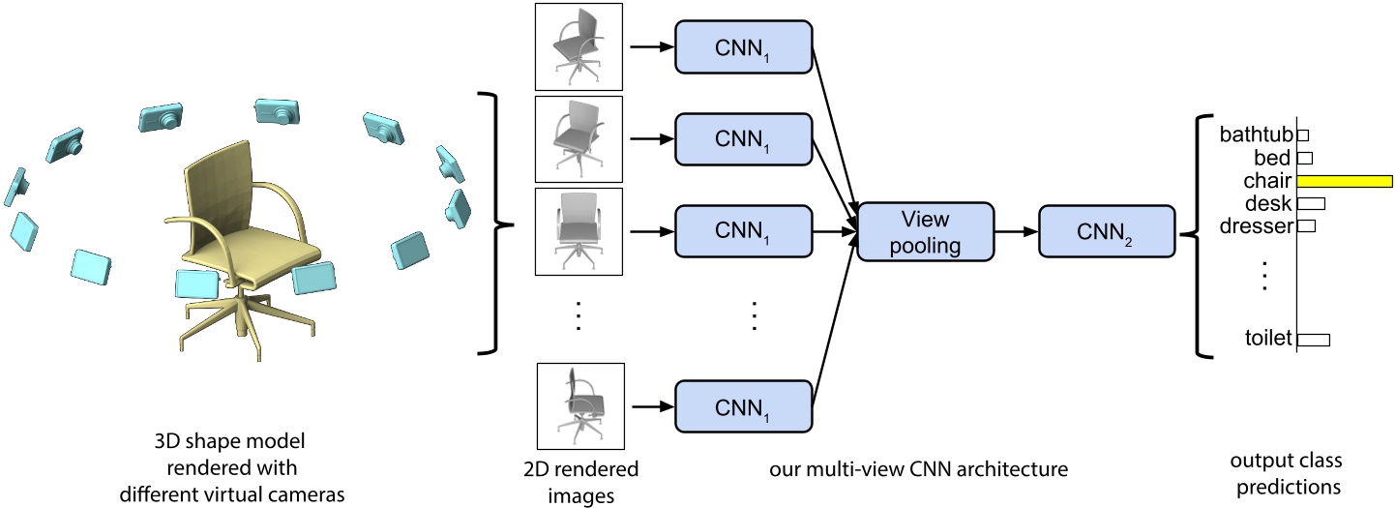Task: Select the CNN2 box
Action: (1105, 230)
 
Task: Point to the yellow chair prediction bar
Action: (1344, 181)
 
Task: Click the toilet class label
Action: (1268, 339)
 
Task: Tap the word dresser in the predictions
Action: (1257, 226)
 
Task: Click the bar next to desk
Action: (1311, 203)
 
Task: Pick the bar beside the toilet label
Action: (1314, 340)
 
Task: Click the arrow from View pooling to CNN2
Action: (1016, 231)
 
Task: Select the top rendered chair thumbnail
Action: (579, 45)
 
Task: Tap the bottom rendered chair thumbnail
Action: (579, 407)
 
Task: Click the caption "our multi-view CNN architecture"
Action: (919, 471)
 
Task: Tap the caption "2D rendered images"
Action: (579, 481)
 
